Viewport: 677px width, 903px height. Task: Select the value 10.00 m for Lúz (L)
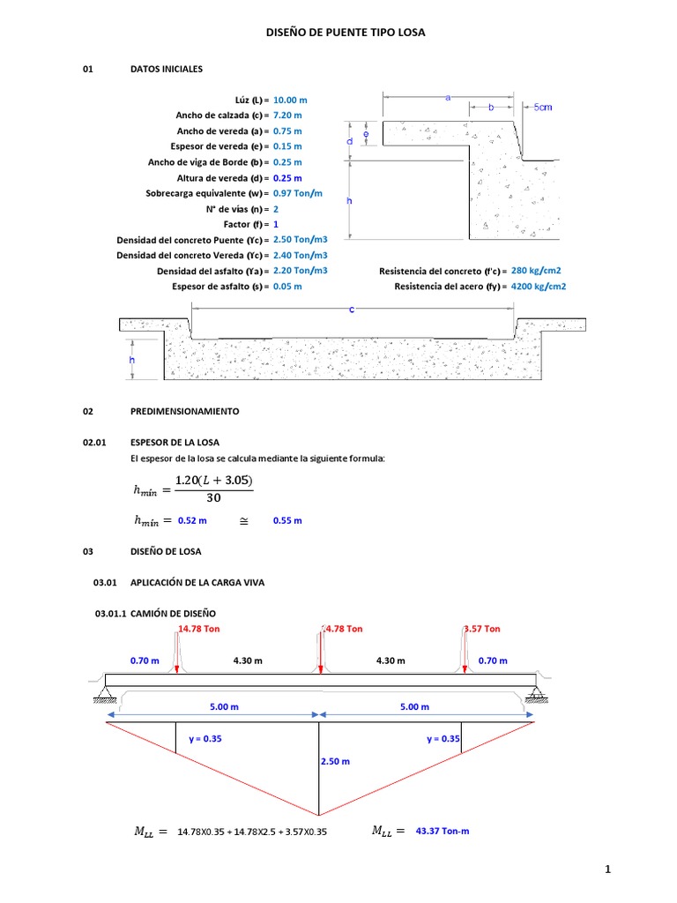290,100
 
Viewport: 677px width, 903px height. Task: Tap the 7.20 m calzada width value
287,116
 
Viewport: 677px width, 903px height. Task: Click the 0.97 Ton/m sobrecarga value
298,193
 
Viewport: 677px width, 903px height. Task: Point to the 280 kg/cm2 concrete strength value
536,270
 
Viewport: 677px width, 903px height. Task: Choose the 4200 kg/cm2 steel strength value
538,286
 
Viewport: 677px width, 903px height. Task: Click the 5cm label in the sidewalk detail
543,108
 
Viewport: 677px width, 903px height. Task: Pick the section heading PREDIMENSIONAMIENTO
184,411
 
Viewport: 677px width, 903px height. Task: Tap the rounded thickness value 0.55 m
287,520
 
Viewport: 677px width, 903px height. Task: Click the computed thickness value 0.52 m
192,520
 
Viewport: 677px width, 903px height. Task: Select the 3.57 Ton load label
482,629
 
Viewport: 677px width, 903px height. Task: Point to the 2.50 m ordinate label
335,761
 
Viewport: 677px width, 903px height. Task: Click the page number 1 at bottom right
608,870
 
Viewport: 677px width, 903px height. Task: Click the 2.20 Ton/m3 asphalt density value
300,271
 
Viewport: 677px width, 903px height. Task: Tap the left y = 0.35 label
205,739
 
